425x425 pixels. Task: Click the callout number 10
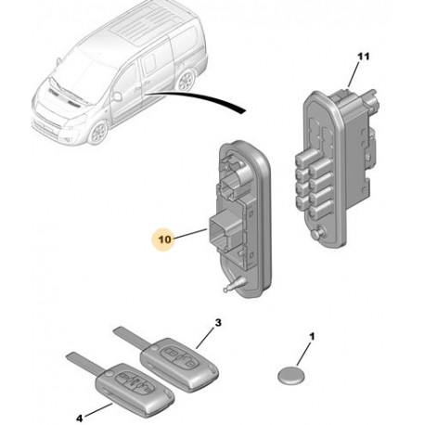click(165, 239)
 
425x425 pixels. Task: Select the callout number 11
click(364, 57)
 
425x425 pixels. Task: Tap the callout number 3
click(218, 323)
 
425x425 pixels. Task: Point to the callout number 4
click(80, 419)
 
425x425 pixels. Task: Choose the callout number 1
click(312, 336)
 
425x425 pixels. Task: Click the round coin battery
click(290, 375)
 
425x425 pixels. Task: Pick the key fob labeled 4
click(135, 389)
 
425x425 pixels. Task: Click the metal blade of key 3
click(132, 338)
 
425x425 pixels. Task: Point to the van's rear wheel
click(186, 81)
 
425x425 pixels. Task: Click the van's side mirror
click(117, 97)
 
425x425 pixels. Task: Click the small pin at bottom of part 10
click(234, 285)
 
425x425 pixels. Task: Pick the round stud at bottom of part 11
click(318, 232)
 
